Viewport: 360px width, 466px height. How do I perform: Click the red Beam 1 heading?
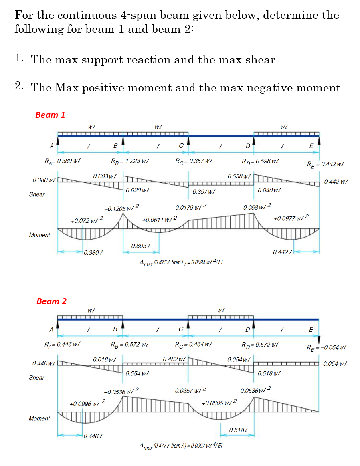point(50,115)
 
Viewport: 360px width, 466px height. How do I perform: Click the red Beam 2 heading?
point(51,301)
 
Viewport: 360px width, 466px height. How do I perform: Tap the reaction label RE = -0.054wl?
point(326,347)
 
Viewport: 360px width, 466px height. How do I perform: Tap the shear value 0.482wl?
point(174,358)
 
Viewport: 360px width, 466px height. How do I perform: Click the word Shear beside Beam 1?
point(37,194)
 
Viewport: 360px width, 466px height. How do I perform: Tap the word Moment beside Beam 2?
point(39,418)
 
